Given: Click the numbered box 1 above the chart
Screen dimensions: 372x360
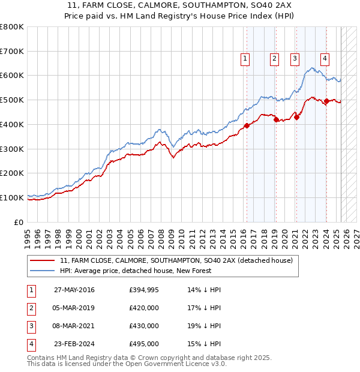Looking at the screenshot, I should [x=245, y=59].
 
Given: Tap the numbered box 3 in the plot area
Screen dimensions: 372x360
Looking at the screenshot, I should [x=295, y=59].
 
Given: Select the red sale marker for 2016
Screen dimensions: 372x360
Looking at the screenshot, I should [x=247, y=125].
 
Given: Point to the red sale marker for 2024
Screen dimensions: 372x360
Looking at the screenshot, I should [x=326, y=101].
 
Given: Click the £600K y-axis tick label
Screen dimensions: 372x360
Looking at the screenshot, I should [x=13, y=76].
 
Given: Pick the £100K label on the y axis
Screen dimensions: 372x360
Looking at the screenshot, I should [x=13, y=197].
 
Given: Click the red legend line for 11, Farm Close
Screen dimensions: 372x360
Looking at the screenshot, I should [x=43, y=260].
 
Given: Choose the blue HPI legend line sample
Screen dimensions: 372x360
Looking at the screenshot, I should [x=43, y=271].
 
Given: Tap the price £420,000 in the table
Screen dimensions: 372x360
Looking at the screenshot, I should [x=144, y=308].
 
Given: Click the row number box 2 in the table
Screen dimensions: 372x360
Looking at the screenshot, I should [x=31, y=308].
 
